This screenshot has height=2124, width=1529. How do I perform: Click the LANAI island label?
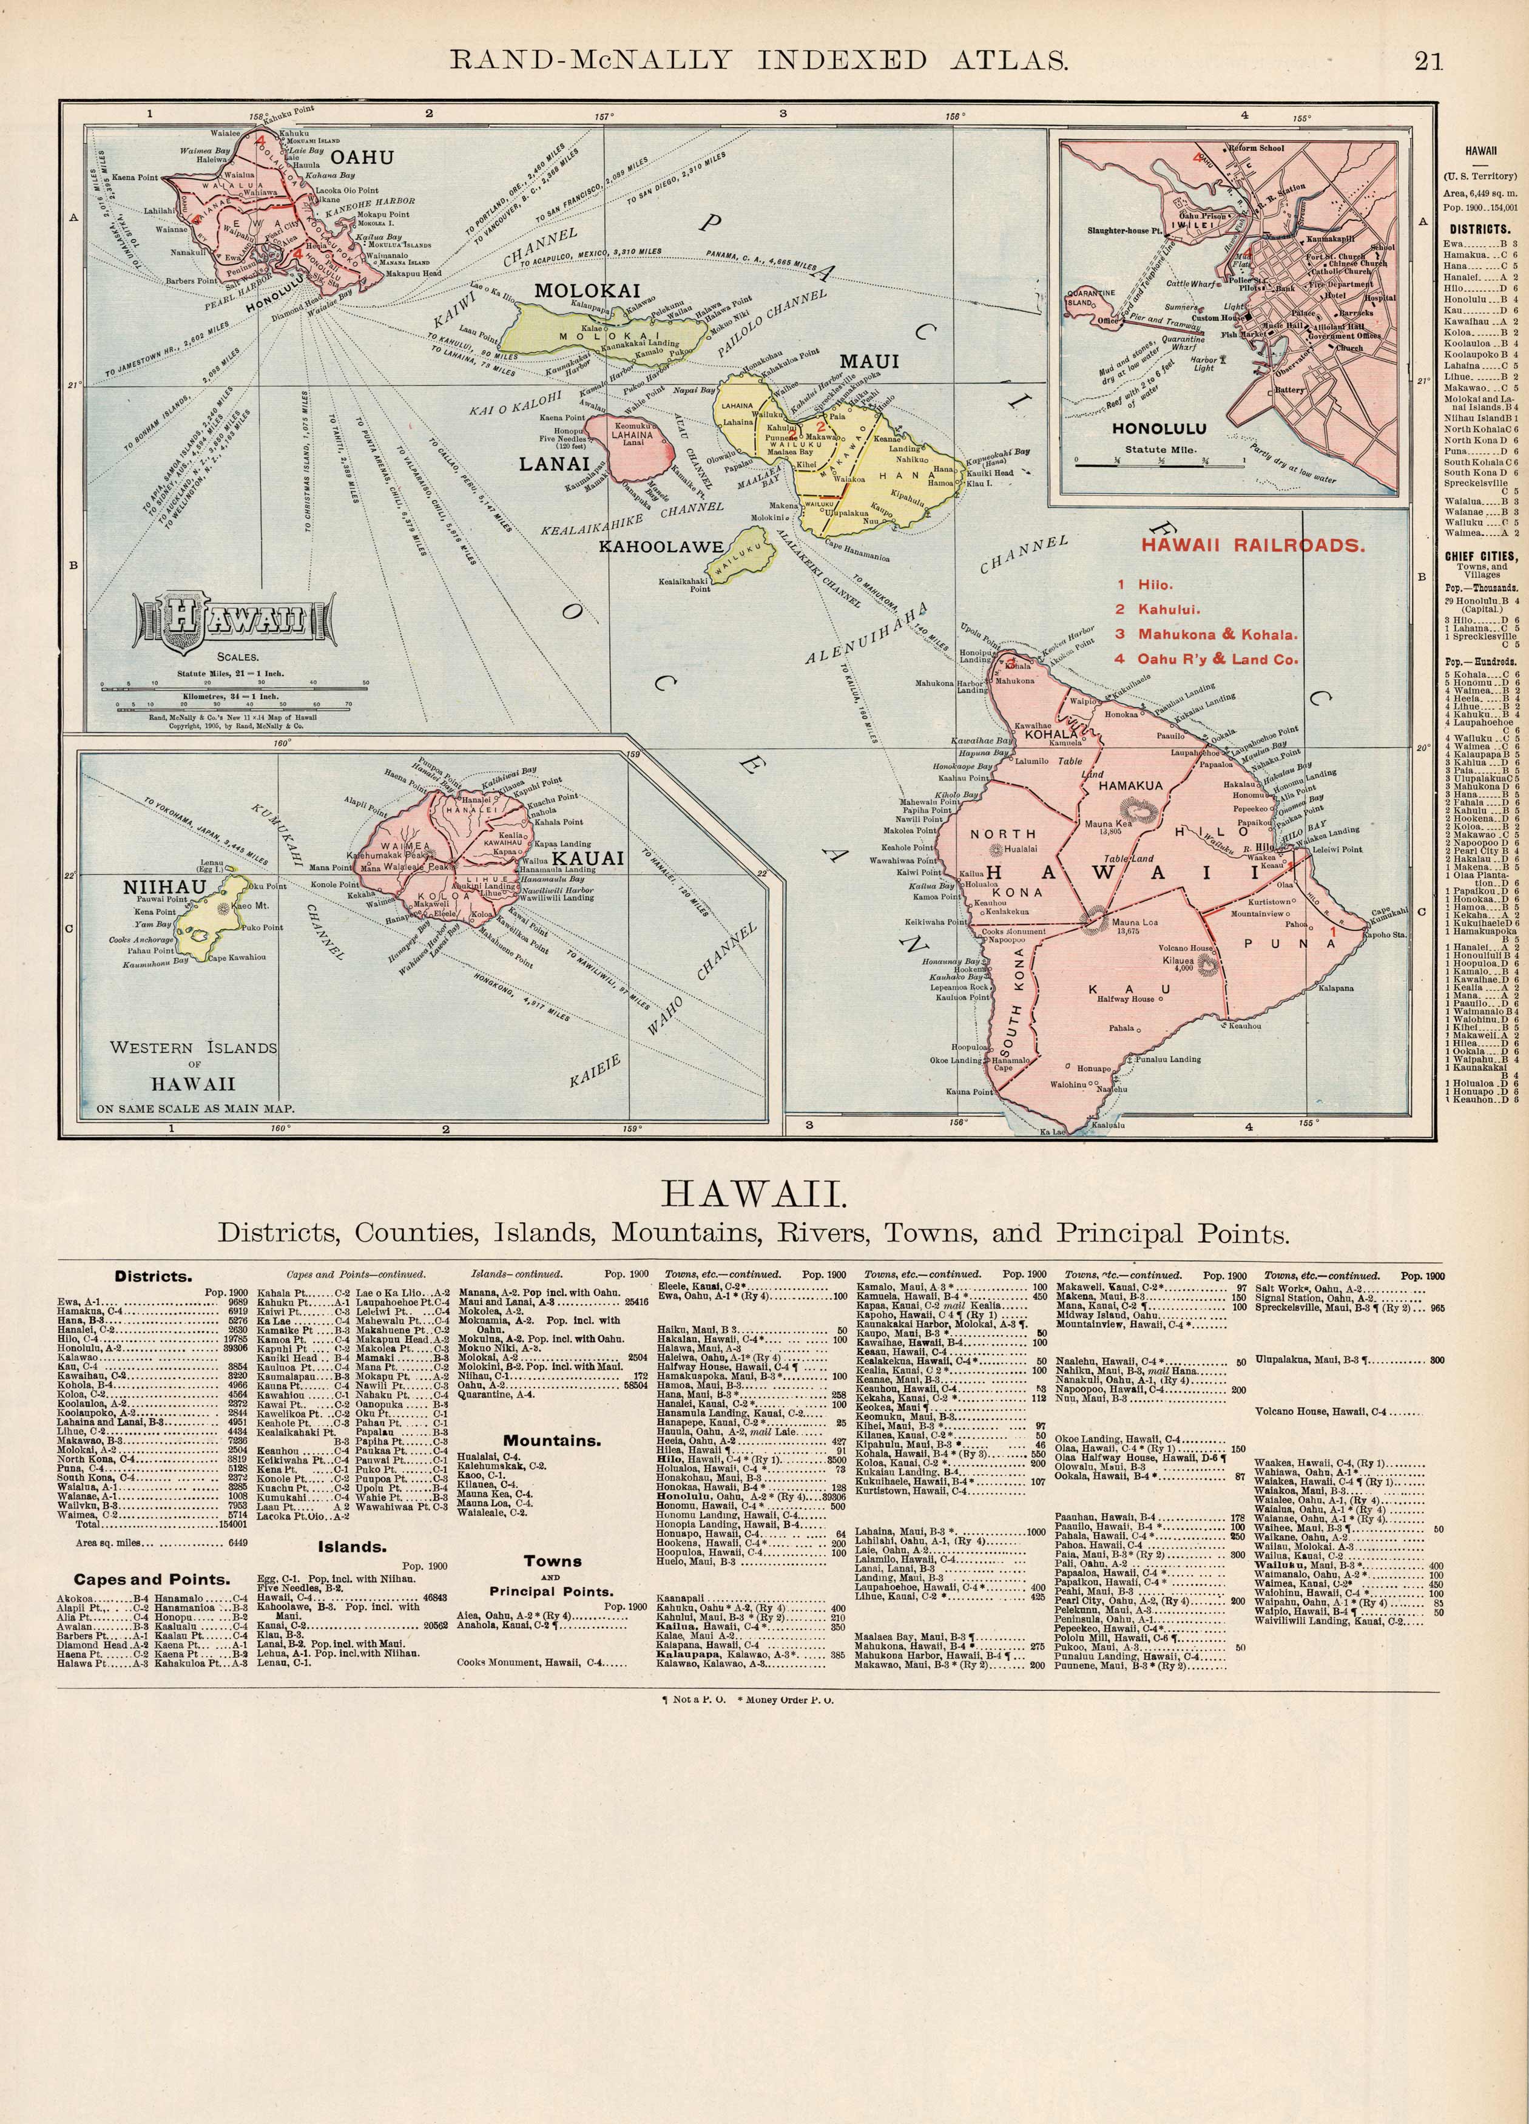click(555, 462)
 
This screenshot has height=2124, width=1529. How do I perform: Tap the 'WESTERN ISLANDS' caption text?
click(193, 1048)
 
